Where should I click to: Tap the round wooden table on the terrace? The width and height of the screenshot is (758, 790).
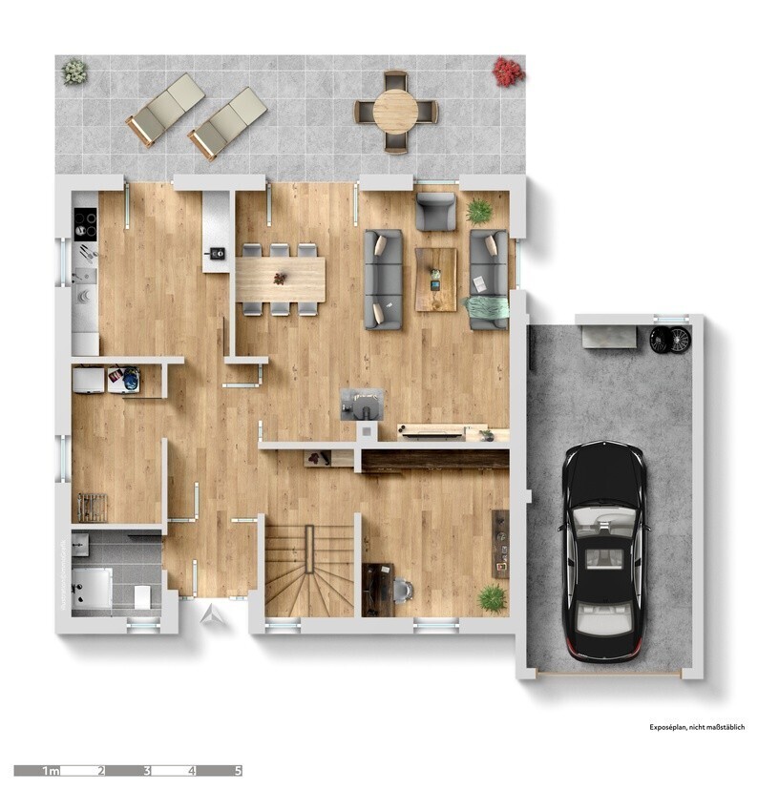coord(395,113)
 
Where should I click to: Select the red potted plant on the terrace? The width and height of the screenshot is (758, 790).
coord(508,71)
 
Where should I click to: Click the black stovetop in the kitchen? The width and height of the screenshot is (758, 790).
coord(86,224)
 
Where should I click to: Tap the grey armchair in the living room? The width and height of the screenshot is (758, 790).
coord(435,211)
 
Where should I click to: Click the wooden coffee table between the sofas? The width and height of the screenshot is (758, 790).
coord(435,279)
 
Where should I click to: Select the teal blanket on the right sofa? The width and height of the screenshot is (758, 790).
coord(487,308)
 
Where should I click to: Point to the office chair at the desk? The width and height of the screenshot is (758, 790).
coord(402,591)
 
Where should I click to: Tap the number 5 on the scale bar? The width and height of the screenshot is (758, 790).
coord(238,770)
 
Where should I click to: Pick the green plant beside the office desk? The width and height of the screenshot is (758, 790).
coord(492,598)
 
